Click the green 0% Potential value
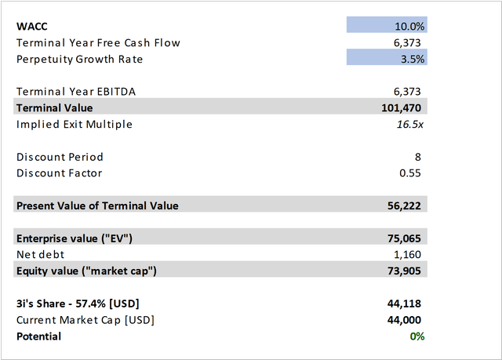pos(417,336)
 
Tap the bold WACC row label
pos(32,26)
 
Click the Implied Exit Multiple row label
pos(75,124)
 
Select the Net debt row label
pos(40,255)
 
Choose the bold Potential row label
pos(38,336)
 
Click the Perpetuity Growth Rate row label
pos(80,59)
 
